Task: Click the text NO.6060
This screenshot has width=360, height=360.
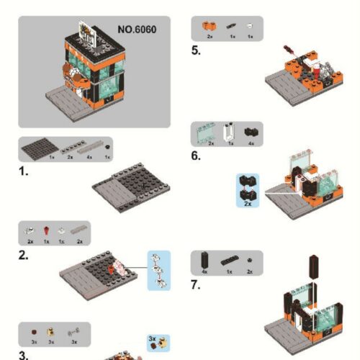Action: tap(137, 30)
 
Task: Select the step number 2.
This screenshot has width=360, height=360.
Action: tap(23, 256)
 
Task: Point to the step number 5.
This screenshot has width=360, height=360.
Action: tap(196, 50)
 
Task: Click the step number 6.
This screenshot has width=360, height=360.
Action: tap(196, 156)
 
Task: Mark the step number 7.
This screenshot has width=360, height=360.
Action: tap(196, 285)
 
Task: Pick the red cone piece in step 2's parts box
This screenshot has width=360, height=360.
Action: tap(45, 230)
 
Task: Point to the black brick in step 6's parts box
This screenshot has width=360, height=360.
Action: tap(250, 132)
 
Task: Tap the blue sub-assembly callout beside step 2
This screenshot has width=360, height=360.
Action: tap(159, 269)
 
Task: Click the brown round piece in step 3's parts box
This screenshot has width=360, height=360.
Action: tap(33, 332)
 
